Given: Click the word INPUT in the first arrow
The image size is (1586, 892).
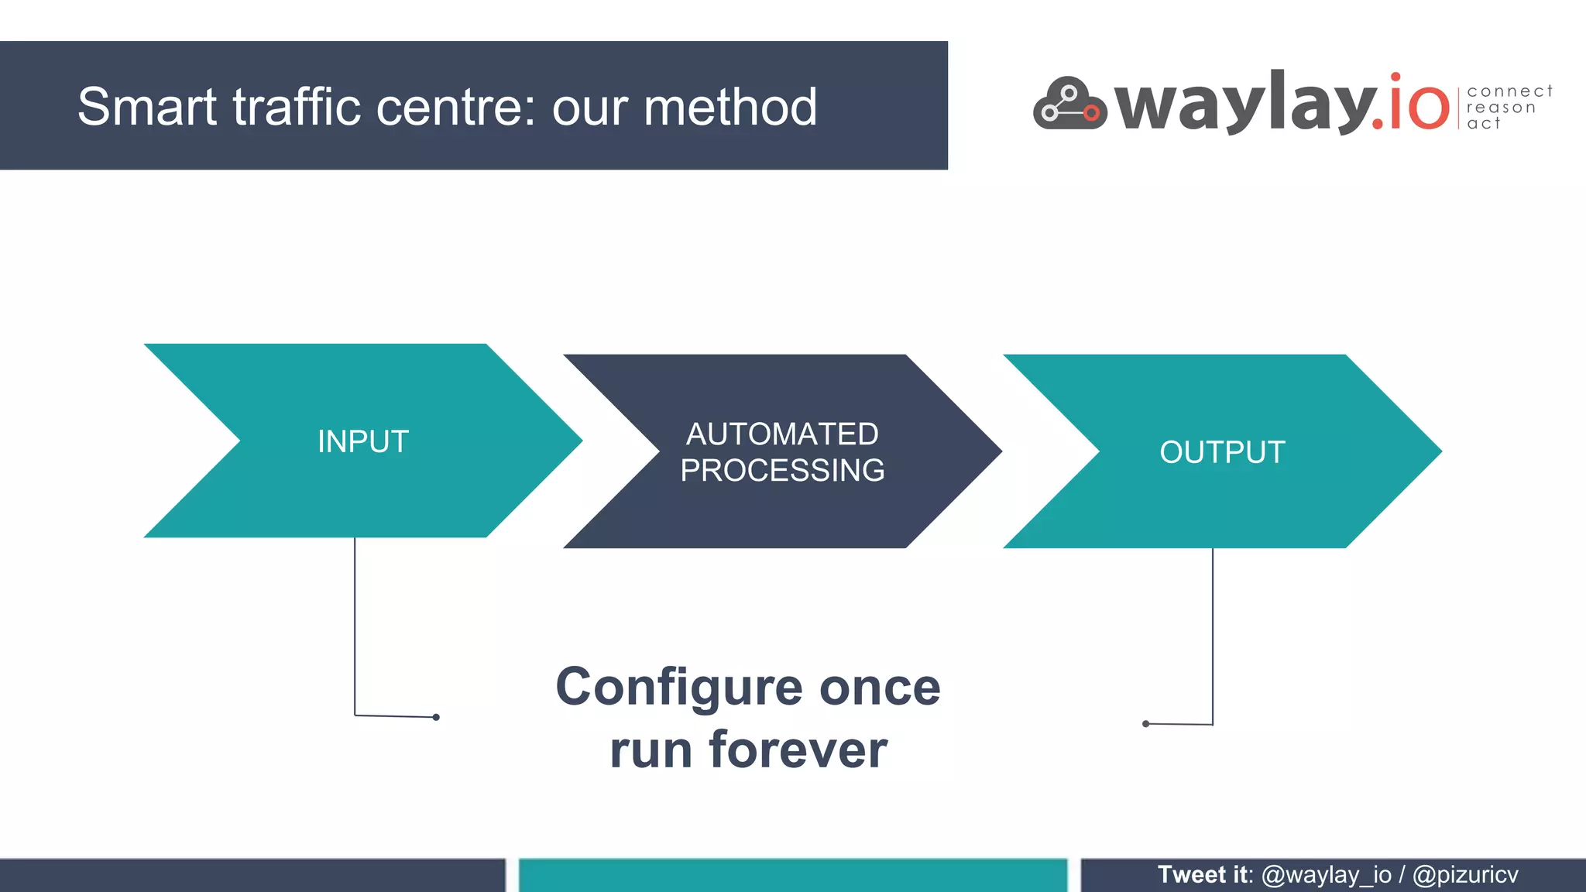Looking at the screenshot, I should tap(362, 442).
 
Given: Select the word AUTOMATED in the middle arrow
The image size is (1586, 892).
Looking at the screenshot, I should tap(782, 434).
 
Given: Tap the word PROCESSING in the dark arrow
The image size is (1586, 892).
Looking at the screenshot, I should tap(782, 471).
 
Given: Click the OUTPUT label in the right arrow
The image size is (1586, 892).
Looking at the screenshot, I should tap(1222, 452).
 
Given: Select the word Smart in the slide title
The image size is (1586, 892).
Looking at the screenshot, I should tap(147, 107).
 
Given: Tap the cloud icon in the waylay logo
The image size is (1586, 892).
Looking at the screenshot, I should tap(1069, 104).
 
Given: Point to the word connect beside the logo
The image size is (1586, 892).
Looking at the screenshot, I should tap(1509, 91).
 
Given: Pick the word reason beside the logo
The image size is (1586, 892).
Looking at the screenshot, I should tap(1501, 108).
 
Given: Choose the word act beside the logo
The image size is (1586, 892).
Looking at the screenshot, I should tap(1483, 124).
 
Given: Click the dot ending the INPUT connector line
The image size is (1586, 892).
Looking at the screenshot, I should tap(436, 717).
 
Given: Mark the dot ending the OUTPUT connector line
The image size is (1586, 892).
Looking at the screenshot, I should tap(1145, 724).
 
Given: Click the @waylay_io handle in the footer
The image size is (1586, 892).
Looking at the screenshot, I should tap(1326, 875).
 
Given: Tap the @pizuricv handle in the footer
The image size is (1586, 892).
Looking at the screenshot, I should tap(1464, 875).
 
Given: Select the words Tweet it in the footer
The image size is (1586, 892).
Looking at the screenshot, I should tap(1203, 875).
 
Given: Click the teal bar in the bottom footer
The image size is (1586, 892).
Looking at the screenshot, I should tap(792, 876).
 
